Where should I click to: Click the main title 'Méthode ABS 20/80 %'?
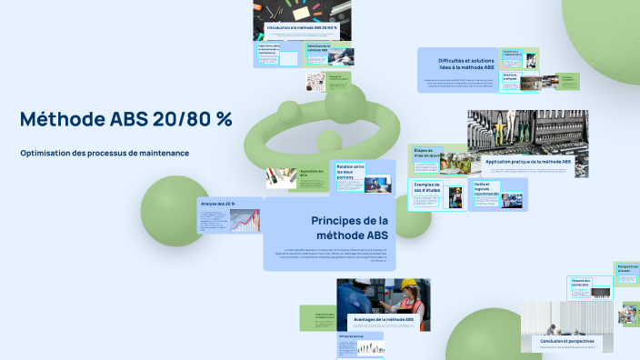pos(125,119)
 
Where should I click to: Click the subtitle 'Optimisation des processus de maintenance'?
pos(105,153)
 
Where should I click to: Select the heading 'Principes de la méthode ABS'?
pos(350,227)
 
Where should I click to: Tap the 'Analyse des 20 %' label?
pos(218,204)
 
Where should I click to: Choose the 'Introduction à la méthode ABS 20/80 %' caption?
pos(303,28)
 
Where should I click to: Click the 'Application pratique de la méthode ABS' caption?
pos(528,162)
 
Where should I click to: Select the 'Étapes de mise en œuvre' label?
pos(425,153)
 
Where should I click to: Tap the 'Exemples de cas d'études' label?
pos(426,188)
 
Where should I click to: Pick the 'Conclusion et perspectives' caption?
pos(566,342)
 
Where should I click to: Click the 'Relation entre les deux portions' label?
pos(350,170)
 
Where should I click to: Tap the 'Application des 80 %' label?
pos(310,173)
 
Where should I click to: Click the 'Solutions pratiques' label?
pos(509,77)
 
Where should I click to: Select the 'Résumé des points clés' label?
pos(582,283)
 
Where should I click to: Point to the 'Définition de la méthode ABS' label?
pos(317,48)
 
